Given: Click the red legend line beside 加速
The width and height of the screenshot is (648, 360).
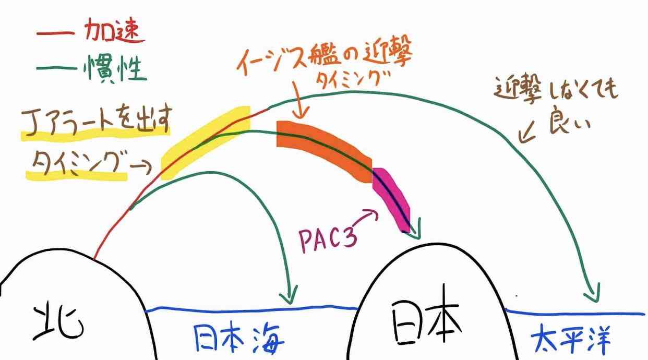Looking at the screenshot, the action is coord(55,33).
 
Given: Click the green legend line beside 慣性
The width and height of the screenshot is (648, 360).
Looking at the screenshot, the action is coord(56,68).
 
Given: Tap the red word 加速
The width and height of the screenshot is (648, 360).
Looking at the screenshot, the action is coord(115,31).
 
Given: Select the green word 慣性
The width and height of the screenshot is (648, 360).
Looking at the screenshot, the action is coord(115,68).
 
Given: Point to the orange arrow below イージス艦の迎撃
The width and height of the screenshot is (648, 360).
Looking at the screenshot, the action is coord(300,100).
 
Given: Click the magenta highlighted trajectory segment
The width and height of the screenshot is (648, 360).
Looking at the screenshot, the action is coord(391,199).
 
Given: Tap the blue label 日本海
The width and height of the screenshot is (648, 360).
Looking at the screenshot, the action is coord(239,338).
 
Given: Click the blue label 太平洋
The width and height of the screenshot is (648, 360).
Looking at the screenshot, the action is coord(570,341).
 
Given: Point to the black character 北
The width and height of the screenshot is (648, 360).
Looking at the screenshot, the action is coord(58,322).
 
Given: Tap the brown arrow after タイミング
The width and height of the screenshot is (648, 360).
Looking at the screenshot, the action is coord(141,167).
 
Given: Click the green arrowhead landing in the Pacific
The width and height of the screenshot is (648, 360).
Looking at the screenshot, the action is coord(593,293).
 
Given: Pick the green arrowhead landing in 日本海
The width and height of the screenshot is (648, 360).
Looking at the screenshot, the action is coord(289,295).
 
